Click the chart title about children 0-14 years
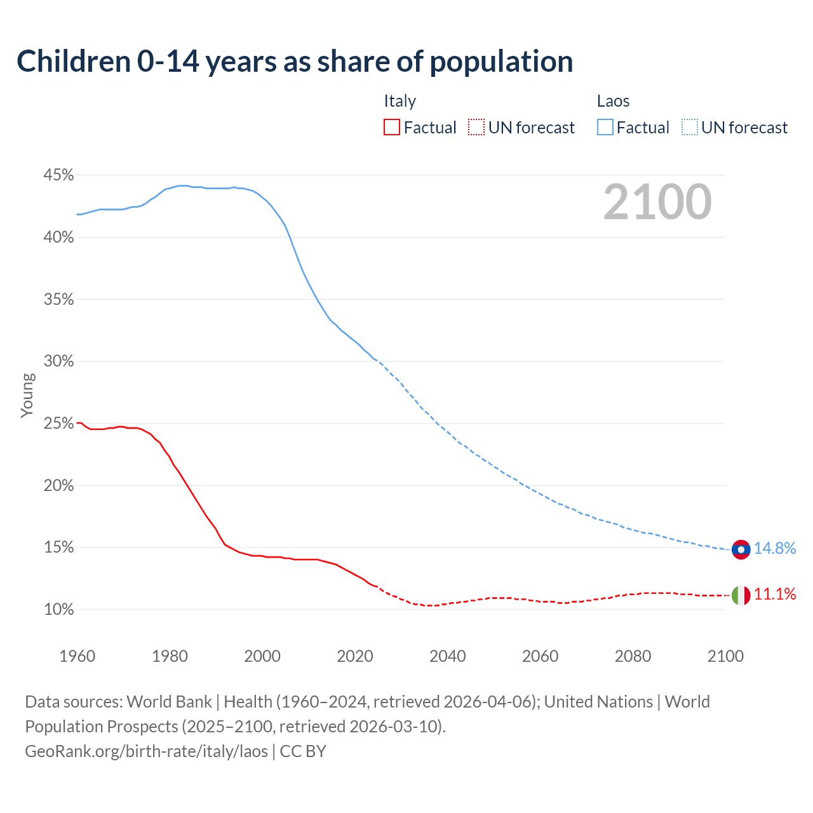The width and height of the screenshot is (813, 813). click(x=295, y=62)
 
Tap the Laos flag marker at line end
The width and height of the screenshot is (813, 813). click(x=741, y=549)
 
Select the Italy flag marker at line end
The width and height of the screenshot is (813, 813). click(x=741, y=595)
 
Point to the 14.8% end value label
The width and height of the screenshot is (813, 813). click(x=775, y=549)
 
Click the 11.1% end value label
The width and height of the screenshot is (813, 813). click(x=775, y=595)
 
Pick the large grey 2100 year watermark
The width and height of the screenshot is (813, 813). click(x=657, y=202)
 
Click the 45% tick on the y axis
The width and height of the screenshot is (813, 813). click(x=59, y=175)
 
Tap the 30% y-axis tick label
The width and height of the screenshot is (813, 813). click(x=59, y=361)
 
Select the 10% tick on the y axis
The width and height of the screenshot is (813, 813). click(x=59, y=610)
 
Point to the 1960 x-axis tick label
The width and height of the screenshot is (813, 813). click(x=77, y=656)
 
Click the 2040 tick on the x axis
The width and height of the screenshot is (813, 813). click(x=448, y=656)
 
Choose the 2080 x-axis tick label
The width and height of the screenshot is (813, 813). click(x=633, y=656)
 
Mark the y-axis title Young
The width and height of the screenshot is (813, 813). click(x=27, y=395)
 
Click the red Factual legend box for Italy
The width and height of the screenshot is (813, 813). click(x=392, y=128)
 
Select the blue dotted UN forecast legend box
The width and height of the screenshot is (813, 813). click(x=690, y=128)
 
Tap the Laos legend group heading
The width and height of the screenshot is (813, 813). click(x=613, y=101)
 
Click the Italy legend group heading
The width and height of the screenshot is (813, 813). click(x=400, y=101)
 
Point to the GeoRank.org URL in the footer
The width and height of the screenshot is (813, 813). click(x=146, y=751)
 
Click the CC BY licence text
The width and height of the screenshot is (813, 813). click(x=303, y=751)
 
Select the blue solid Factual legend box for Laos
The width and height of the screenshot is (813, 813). click(x=605, y=128)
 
